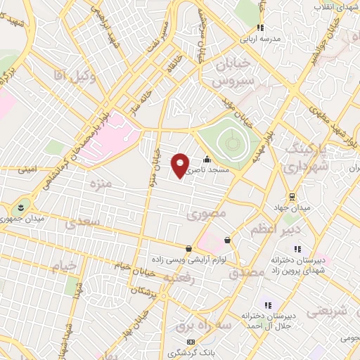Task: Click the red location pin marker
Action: click(180, 165)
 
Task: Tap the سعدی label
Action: click(84, 223)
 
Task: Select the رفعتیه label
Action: click(177, 277)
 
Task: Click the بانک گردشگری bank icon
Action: click(171, 341)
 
